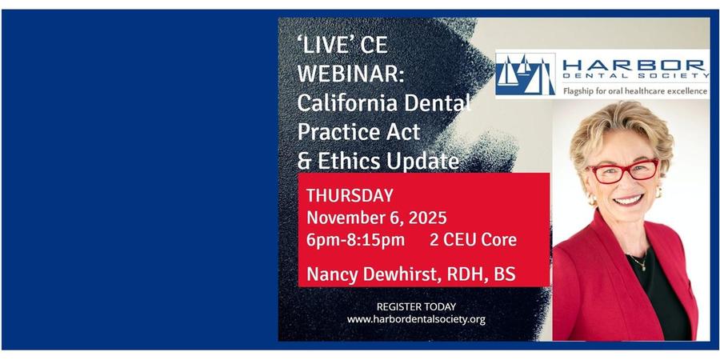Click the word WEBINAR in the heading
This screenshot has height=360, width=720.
(x=350, y=74)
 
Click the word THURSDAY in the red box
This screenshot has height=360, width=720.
(x=350, y=196)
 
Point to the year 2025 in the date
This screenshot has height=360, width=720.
(x=427, y=218)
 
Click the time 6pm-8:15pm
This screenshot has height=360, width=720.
(x=356, y=240)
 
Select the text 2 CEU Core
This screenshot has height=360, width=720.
(x=473, y=240)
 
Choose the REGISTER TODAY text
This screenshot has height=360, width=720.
(x=416, y=306)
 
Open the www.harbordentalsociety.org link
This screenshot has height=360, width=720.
(x=416, y=319)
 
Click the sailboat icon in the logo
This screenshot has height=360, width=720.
(x=526, y=74)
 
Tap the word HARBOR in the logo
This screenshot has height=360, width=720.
(x=634, y=64)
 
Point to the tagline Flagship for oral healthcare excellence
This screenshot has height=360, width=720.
(x=635, y=91)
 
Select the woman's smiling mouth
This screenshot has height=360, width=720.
(x=628, y=200)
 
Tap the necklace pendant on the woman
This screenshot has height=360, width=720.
(x=644, y=266)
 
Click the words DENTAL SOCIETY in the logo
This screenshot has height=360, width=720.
(x=635, y=76)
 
